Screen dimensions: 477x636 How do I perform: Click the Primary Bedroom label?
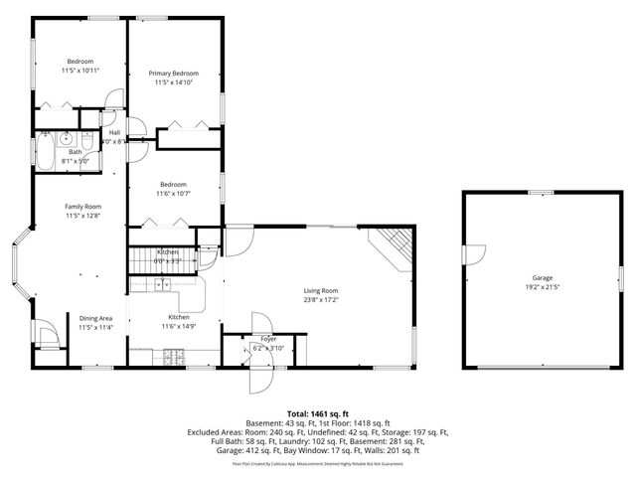click(174, 74)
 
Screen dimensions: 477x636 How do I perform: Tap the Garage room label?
click(542, 278)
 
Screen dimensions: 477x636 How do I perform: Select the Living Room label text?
click(321, 290)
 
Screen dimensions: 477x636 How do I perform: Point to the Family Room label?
click(83, 207)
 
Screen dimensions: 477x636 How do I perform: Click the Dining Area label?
click(95, 318)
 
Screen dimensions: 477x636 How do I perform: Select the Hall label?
click(114, 132)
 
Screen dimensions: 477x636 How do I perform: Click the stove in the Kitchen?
click(174, 355)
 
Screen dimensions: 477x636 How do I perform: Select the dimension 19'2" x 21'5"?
click(542, 287)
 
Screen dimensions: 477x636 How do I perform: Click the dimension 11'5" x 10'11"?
click(80, 71)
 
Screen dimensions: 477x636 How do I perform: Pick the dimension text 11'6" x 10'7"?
click(173, 193)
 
